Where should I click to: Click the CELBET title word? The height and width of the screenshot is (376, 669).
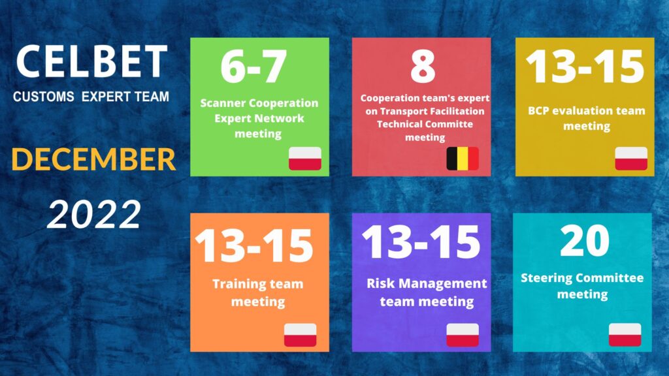click(x=91, y=62)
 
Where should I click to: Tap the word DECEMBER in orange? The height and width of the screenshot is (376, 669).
click(x=93, y=159)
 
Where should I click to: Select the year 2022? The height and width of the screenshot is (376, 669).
click(x=94, y=214)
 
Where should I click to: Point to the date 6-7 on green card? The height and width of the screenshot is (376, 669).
click(x=254, y=67)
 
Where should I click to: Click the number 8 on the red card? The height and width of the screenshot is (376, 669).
click(x=423, y=67)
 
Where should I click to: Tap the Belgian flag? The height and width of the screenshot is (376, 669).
click(x=463, y=159)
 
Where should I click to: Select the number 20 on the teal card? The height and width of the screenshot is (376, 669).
click(x=585, y=241)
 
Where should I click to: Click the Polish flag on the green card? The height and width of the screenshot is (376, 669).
click(x=305, y=159)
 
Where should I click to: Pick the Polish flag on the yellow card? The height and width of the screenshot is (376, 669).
click(x=631, y=159)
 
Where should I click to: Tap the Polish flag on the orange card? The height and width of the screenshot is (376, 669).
click(x=301, y=335)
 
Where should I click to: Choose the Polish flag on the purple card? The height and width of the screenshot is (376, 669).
click(x=463, y=335)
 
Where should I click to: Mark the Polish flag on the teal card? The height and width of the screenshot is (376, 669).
click(x=625, y=335)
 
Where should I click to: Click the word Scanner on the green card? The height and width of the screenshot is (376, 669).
click(x=223, y=103)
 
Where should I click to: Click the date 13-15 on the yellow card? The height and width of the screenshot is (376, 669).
click(x=585, y=67)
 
